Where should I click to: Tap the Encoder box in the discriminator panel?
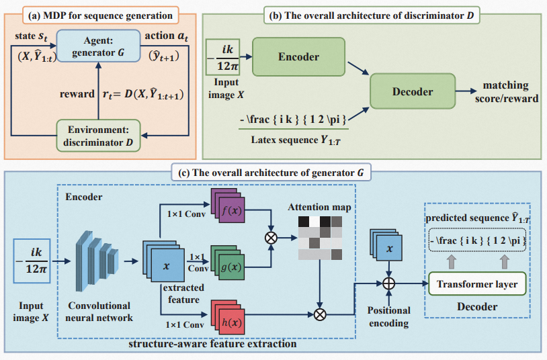(299, 57)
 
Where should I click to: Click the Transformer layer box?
(477, 284)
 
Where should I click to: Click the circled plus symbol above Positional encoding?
(388, 283)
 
